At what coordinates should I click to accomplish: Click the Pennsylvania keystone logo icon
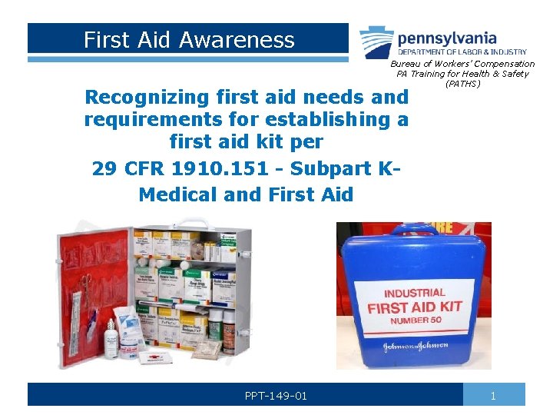coord(377,42)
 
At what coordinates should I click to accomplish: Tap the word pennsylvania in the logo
coord(447,38)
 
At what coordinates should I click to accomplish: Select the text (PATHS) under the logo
coord(462,84)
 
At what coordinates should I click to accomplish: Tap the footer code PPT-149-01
coord(276,396)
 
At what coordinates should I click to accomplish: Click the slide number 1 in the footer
coord(494,396)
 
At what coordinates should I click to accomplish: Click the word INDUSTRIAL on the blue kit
coord(414,294)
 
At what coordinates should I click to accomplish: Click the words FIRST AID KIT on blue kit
coord(415,307)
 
